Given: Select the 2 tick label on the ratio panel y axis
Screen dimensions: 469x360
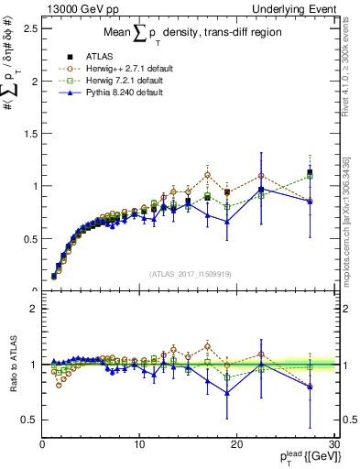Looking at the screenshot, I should coord(32,309).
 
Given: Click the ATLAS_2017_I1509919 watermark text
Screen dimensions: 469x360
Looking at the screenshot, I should coord(189,272).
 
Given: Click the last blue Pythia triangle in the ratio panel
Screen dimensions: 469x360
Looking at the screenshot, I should coord(310,387).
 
